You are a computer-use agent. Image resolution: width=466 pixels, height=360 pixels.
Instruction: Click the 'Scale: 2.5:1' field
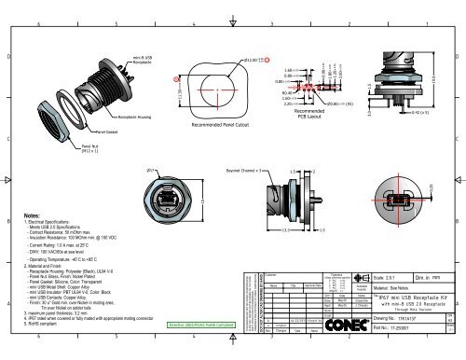coord(368,278)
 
